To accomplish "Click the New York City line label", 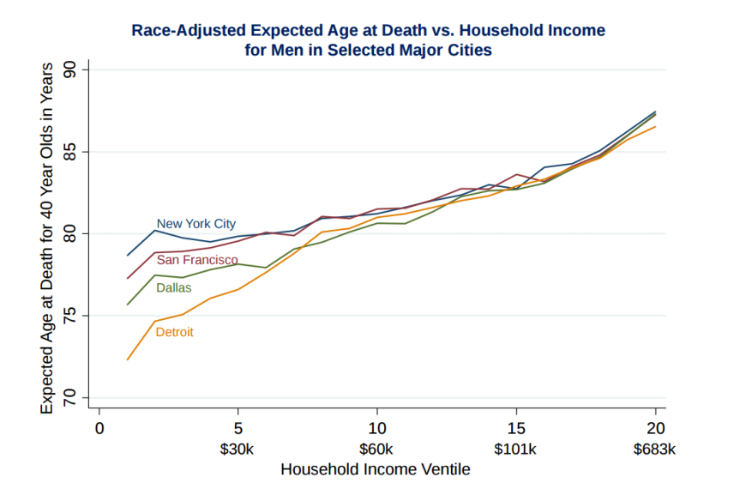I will [x=196, y=224].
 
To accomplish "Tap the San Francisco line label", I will [x=197, y=259].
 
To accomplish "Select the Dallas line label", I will [x=173, y=288].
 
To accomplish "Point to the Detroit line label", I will [x=174, y=332].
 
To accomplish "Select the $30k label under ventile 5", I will [x=238, y=450].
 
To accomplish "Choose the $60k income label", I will [x=376, y=450].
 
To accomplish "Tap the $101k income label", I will [x=515, y=450].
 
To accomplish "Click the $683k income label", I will [x=655, y=450].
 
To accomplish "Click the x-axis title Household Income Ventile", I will [x=375, y=470].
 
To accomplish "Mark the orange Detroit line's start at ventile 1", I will [x=128, y=359].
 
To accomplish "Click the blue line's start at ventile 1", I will [x=128, y=255].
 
